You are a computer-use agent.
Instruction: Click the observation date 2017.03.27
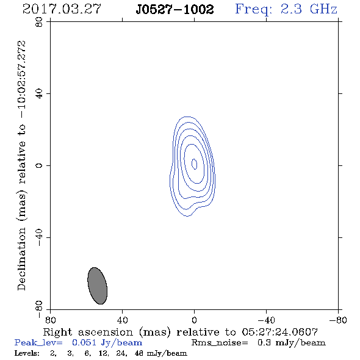(x=62, y=9)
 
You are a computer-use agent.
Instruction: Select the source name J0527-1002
(x=175, y=9)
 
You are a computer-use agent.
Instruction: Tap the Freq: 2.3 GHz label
(x=286, y=9)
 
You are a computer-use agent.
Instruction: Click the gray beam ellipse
(x=98, y=286)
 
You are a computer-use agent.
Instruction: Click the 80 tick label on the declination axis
(x=39, y=22)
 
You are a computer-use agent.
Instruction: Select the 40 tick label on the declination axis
(x=39, y=94)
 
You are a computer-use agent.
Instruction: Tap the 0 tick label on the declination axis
(x=39, y=165)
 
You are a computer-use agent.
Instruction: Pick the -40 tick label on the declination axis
(x=39, y=237)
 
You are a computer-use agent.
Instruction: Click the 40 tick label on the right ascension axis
(x=122, y=320)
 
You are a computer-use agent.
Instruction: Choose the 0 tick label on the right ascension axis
(x=194, y=320)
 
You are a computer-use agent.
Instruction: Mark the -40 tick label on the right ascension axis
(x=266, y=320)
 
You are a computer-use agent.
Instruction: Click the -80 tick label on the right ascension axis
(x=338, y=320)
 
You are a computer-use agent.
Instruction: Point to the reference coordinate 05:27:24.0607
(x=279, y=332)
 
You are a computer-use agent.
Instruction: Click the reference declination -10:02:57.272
(x=22, y=80)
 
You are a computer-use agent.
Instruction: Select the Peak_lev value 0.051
(x=84, y=343)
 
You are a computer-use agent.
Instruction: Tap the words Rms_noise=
(x=220, y=343)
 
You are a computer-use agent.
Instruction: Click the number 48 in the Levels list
(x=139, y=353)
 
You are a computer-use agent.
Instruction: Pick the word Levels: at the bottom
(x=27, y=353)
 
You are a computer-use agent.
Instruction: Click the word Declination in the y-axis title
(x=21, y=259)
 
